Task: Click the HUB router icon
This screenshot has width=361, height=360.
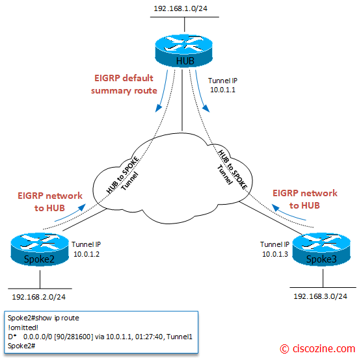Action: coord(183,51)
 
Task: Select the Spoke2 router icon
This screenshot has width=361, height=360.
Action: coord(40,250)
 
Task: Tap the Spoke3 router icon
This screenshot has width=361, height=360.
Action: coord(321,250)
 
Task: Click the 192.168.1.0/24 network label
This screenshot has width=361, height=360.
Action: coord(181,8)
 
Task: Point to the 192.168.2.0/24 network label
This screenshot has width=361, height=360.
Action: coord(38,297)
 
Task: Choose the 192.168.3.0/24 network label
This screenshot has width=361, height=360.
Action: coord(320,296)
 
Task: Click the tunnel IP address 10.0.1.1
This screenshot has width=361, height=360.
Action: coord(222,90)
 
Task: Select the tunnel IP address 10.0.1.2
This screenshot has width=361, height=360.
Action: coord(87,254)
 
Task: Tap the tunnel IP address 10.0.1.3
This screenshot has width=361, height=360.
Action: coord(275,254)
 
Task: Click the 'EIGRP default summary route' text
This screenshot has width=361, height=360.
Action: coord(124,84)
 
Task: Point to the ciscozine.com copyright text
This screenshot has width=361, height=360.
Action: coord(317,349)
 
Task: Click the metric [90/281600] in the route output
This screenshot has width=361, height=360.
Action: coord(74,337)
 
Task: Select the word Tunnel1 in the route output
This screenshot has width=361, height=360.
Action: coord(180,337)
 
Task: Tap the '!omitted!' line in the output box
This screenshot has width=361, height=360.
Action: coord(23,328)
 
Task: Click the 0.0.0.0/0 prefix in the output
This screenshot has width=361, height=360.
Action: coord(38,337)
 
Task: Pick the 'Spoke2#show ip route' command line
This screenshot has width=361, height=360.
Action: coord(44,318)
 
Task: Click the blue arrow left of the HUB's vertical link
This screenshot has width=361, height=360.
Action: coord(162,91)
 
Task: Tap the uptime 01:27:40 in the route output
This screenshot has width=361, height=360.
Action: coord(149,337)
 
